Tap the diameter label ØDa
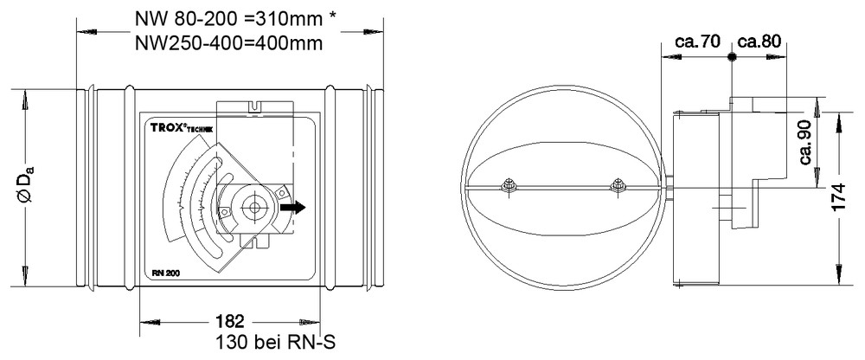tap(28, 187)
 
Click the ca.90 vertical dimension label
tap(806, 143)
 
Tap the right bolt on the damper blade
tap(618, 185)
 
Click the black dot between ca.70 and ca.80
tap(732, 56)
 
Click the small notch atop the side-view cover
tap(257, 108)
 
